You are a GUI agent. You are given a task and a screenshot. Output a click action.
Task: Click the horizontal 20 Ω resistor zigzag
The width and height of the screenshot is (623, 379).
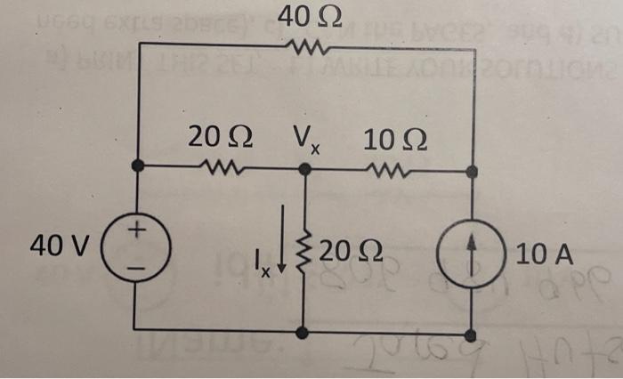(x=219, y=166)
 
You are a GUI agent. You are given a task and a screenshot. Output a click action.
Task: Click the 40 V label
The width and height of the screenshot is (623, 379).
(x=59, y=244)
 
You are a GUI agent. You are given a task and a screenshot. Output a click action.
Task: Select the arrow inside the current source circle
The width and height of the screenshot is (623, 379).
(x=473, y=247)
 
